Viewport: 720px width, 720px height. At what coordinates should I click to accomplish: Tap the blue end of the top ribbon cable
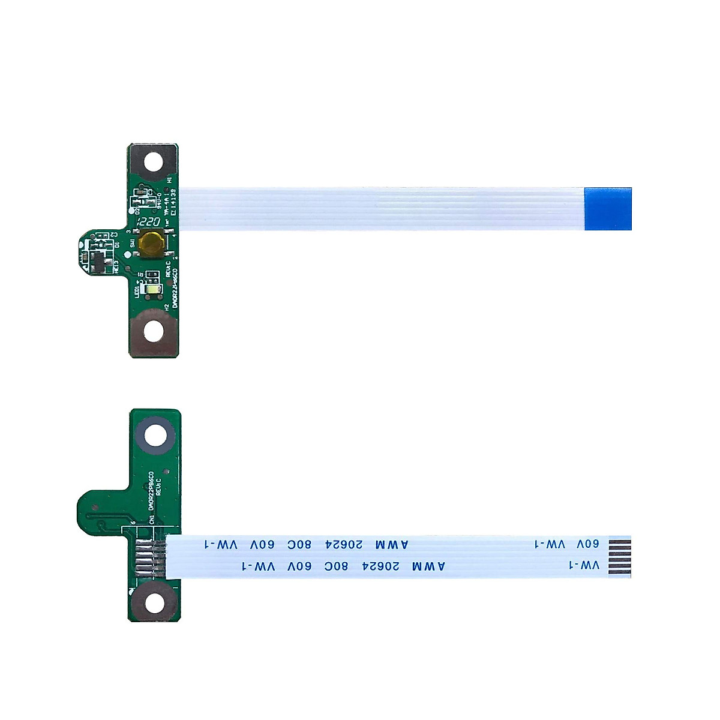(607, 209)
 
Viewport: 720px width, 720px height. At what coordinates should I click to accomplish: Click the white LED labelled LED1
(154, 291)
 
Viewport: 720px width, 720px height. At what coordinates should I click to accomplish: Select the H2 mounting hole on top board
(154, 329)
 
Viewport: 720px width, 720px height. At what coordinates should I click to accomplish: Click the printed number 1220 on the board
(149, 221)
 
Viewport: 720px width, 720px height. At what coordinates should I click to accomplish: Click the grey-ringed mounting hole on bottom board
(155, 434)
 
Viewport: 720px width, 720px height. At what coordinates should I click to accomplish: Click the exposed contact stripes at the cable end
(620, 557)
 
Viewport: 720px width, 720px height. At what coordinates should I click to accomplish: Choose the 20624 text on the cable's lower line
(380, 566)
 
